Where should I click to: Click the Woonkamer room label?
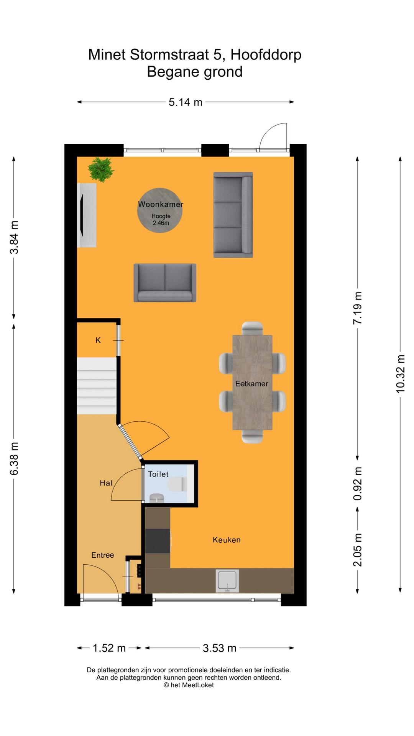coord(161,204)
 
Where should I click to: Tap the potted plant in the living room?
coord(101,169)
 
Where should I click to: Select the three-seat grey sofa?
coord(233,215)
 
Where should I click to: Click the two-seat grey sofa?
coord(165,283)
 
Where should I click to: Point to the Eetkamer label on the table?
coord(252,384)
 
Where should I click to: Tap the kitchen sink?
coord(228,580)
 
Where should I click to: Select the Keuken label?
coord(227,540)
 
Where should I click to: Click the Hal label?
coord(106,483)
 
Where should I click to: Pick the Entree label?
coord(103,555)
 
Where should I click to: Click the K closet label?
coord(98,340)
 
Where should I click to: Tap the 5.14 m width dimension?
coord(186,102)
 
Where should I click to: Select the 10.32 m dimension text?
coord(400,374)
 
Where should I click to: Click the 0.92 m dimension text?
coord(357,484)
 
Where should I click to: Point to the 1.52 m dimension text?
coord(109,648)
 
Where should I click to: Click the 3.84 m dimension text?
coord(14,238)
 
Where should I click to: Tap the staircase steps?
coord(97,386)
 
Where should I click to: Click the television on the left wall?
coord(81,215)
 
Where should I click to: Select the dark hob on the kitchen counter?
coord(158,541)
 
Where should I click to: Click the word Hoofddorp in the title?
coord(266,55)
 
